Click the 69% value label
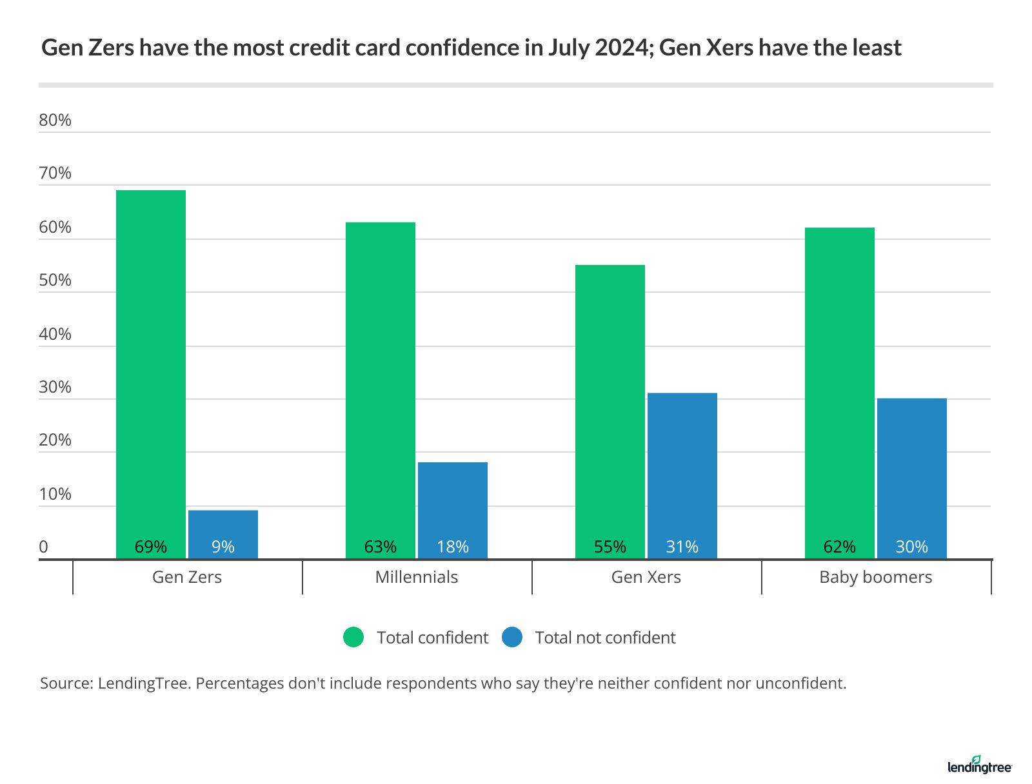(151, 547)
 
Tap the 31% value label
(682, 547)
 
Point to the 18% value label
(453, 547)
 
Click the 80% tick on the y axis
(55, 120)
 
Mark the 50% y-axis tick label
(55, 280)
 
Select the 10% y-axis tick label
(55, 494)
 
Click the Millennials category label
(417, 577)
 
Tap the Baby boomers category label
(876, 577)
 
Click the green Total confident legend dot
(353, 637)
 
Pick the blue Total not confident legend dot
(511, 637)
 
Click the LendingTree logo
(980, 765)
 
